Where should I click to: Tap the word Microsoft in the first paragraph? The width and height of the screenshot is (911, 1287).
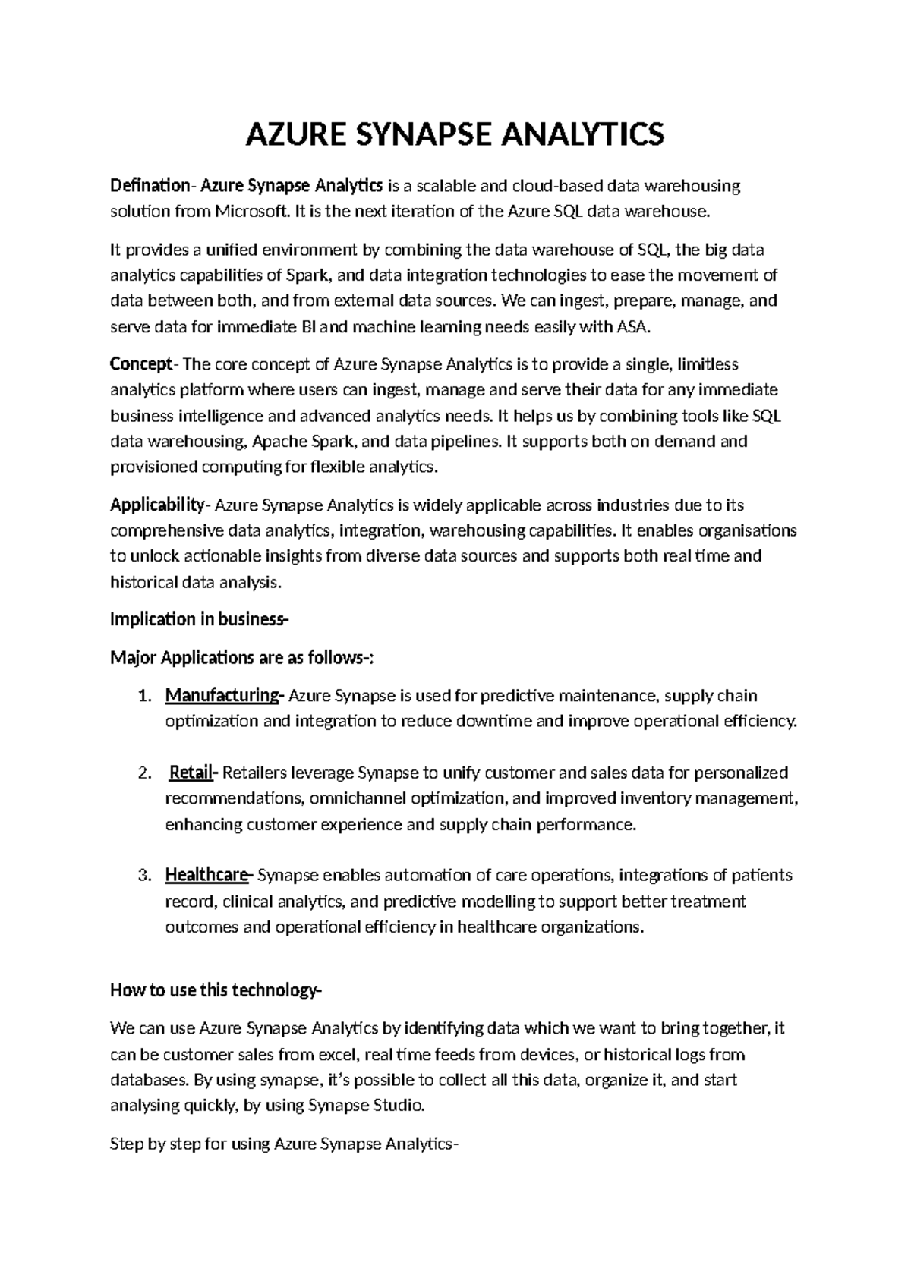click(x=251, y=211)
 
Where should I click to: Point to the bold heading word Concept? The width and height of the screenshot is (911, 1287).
click(x=141, y=364)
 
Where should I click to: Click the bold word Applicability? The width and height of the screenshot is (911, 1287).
click(x=156, y=505)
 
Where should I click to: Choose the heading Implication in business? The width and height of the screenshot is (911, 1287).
click(x=200, y=619)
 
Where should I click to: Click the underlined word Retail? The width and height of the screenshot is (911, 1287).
click(x=192, y=773)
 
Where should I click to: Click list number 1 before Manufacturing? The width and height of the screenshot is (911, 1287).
click(x=146, y=696)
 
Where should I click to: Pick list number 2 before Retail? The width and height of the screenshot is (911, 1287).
click(x=146, y=773)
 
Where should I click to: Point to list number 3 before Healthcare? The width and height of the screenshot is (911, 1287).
click(x=146, y=876)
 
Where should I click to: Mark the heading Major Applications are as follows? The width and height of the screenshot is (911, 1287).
click(x=241, y=657)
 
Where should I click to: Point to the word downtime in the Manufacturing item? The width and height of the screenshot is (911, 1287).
click(x=494, y=721)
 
